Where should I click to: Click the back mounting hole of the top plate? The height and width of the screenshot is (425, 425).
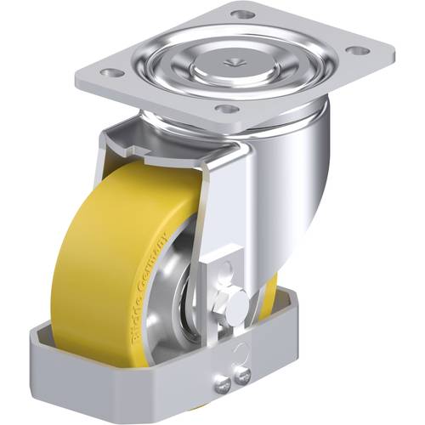[243, 15]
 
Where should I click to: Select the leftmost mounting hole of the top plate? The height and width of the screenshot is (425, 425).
[108, 72]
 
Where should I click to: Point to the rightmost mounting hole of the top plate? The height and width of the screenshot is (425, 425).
[360, 50]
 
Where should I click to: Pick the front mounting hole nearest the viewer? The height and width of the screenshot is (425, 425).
[225, 109]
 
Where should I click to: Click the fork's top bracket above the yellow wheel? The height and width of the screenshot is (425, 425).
[170, 144]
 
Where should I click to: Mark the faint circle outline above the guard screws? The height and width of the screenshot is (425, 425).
[242, 348]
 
